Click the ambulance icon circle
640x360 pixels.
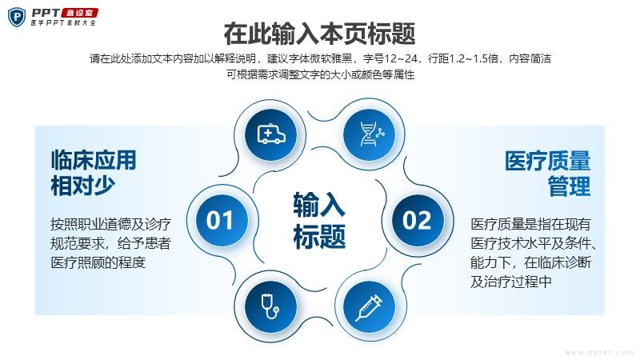pyautogui.click(x=270, y=134)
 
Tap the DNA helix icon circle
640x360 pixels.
pyautogui.click(x=370, y=134)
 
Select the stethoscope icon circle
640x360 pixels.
pyautogui.click(x=270, y=307)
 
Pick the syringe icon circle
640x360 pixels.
pyautogui.click(x=370, y=307)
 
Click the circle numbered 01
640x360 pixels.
pyautogui.click(x=222, y=221)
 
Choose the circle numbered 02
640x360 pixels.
pyautogui.click(x=418, y=221)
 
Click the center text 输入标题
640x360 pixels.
pyautogui.click(x=319, y=221)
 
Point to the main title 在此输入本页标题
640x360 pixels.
pyautogui.click(x=319, y=34)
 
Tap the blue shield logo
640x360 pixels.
pyautogui.click(x=17, y=17)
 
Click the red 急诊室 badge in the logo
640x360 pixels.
pyautogui.click(x=79, y=13)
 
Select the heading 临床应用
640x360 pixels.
pyautogui.click(x=94, y=159)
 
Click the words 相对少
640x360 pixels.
pyautogui.click(x=83, y=186)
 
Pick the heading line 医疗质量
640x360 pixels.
pyautogui.click(x=547, y=161)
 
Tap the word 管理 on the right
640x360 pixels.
pyautogui.click(x=569, y=186)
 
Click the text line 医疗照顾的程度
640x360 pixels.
pyautogui.click(x=98, y=262)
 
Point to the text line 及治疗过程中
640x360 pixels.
pyautogui.click(x=511, y=282)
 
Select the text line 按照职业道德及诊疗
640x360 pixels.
pyautogui.click(x=110, y=224)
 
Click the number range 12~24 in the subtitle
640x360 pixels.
pyautogui.click(x=401, y=58)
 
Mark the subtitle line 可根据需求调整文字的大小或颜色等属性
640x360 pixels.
pyautogui.click(x=321, y=74)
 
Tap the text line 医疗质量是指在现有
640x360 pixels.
pyautogui.click(x=530, y=224)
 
